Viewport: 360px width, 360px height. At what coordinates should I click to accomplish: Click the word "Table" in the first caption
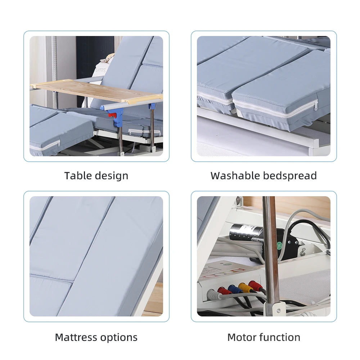click(78, 176)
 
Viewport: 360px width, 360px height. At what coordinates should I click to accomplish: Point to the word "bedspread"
click(290, 176)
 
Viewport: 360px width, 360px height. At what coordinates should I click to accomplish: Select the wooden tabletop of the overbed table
click(96, 91)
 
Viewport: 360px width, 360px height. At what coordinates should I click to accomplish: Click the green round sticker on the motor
click(279, 246)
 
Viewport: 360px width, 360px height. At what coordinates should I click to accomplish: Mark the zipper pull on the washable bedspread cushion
click(316, 106)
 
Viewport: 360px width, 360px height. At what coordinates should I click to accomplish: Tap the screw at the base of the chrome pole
click(279, 310)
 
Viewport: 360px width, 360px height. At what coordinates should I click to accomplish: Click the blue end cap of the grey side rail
click(104, 107)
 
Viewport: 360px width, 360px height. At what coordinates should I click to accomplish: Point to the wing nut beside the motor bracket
click(303, 251)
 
